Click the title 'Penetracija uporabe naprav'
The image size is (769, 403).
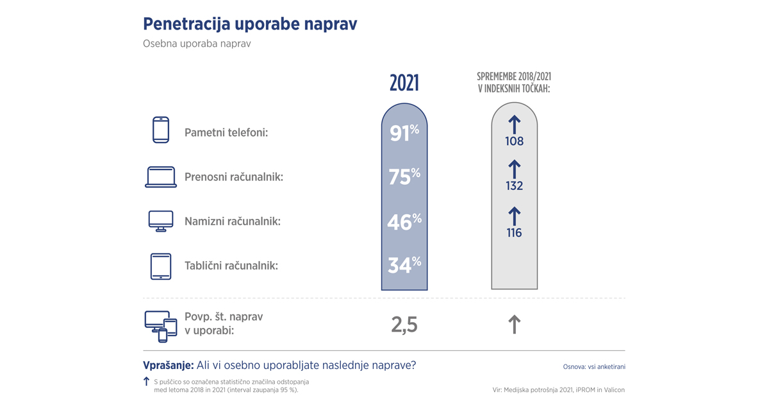coord(250,24)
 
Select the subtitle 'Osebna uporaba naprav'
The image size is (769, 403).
coord(197,45)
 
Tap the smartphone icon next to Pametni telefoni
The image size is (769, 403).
coord(161,130)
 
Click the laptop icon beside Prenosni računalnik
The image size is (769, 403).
coord(161,177)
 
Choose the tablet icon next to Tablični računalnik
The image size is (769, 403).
coord(161,266)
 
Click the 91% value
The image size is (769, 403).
coord(404,133)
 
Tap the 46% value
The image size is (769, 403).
coord(404,221)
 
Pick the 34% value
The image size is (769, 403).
coord(404,264)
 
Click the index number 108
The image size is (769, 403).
coord(514,142)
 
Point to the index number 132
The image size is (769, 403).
coord(514,186)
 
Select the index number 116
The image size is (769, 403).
coord(514,233)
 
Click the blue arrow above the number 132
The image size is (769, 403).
coord(514,169)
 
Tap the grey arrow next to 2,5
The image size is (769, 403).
coord(514,325)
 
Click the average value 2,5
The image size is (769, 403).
coord(404,325)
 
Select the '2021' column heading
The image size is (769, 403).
coord(404,83)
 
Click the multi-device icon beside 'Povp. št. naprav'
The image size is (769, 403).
coord(161,326)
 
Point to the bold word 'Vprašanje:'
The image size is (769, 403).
coord(168,365)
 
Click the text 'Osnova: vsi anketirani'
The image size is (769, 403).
coord(593,366)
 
